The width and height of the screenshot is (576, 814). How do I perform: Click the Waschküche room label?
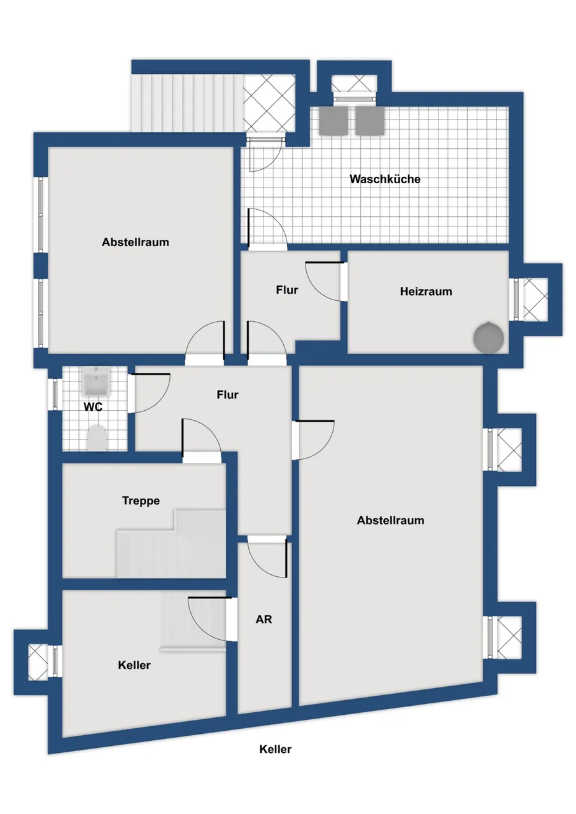click(x=384, y=179)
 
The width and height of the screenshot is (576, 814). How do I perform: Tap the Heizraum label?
click(x=426, y=291)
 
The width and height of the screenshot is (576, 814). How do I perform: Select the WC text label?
click(x=93, y=407)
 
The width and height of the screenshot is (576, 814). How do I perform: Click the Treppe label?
click(x=141, y=500)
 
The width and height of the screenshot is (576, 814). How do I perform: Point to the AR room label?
click(x=263, y=619)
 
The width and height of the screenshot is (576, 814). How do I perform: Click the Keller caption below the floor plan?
click(x=276, y=749)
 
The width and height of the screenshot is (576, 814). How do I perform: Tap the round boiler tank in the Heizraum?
click(x=488, y=338)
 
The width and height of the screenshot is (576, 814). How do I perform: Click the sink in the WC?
click(x=97, y=381)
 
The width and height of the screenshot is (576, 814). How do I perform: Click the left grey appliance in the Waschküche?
click(x=334, y=121)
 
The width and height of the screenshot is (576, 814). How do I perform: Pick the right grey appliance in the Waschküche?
click(x=370, y=121)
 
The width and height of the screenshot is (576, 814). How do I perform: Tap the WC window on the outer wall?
click(x=55, y=395)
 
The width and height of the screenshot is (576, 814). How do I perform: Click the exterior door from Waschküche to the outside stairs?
click(x=265, y=155)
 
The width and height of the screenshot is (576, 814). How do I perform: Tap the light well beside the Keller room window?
click(x=38, y=661)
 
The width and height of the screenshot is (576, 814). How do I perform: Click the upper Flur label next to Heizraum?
click(x=287, y=290)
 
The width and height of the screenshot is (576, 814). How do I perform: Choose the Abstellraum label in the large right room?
click(x=390, y=520)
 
